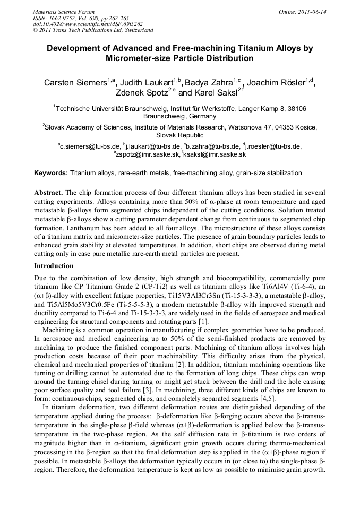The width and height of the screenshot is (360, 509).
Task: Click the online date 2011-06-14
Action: click(x=312, y=11)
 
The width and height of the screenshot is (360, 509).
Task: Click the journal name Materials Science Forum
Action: click(x=64, y=11)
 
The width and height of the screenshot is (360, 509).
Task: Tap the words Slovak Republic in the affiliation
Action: click(x=180, y=135)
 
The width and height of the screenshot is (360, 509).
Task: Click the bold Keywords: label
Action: click(x=51, y=173)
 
